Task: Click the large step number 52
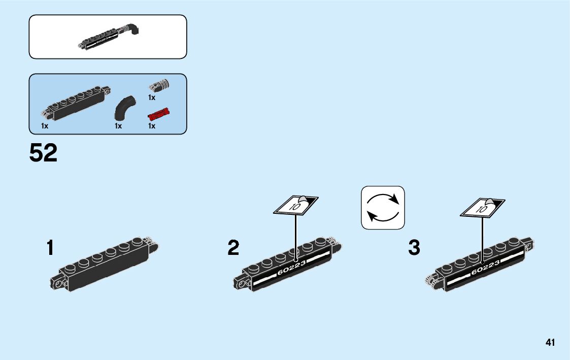point(44,153)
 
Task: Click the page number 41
point(550,343)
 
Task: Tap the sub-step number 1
point(50,248)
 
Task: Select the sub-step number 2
point(233,248)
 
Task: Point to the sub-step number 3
point(414,248)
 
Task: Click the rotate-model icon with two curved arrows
point(383,207)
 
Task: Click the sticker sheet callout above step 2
point(296,205)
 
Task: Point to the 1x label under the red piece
point(152,125)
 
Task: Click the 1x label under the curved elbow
point(118,125)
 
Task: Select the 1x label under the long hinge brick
point(45,125)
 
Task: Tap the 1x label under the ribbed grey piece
point(152,97)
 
